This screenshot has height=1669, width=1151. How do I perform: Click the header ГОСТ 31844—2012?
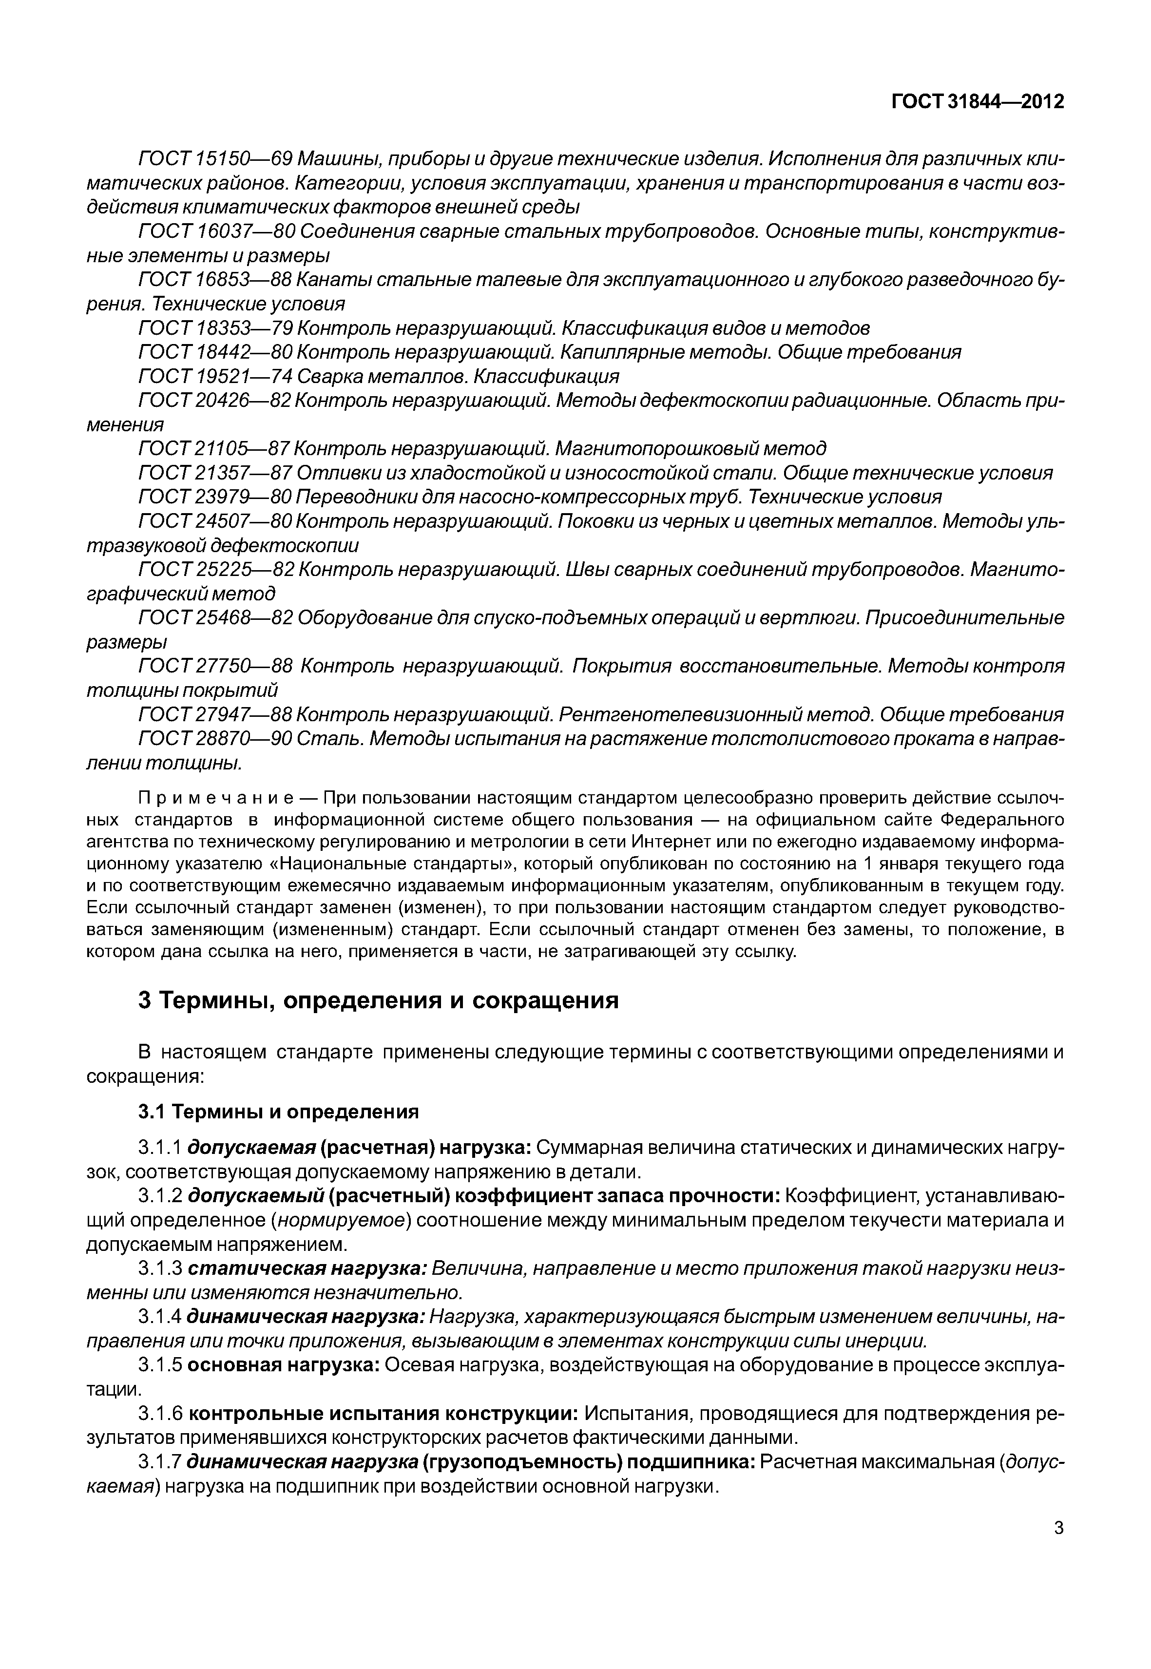(x=977, y=102)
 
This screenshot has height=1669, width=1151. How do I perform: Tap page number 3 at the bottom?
(x=1058, y=1548)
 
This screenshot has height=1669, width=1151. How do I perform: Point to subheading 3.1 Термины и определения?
(x=278, y=1112)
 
